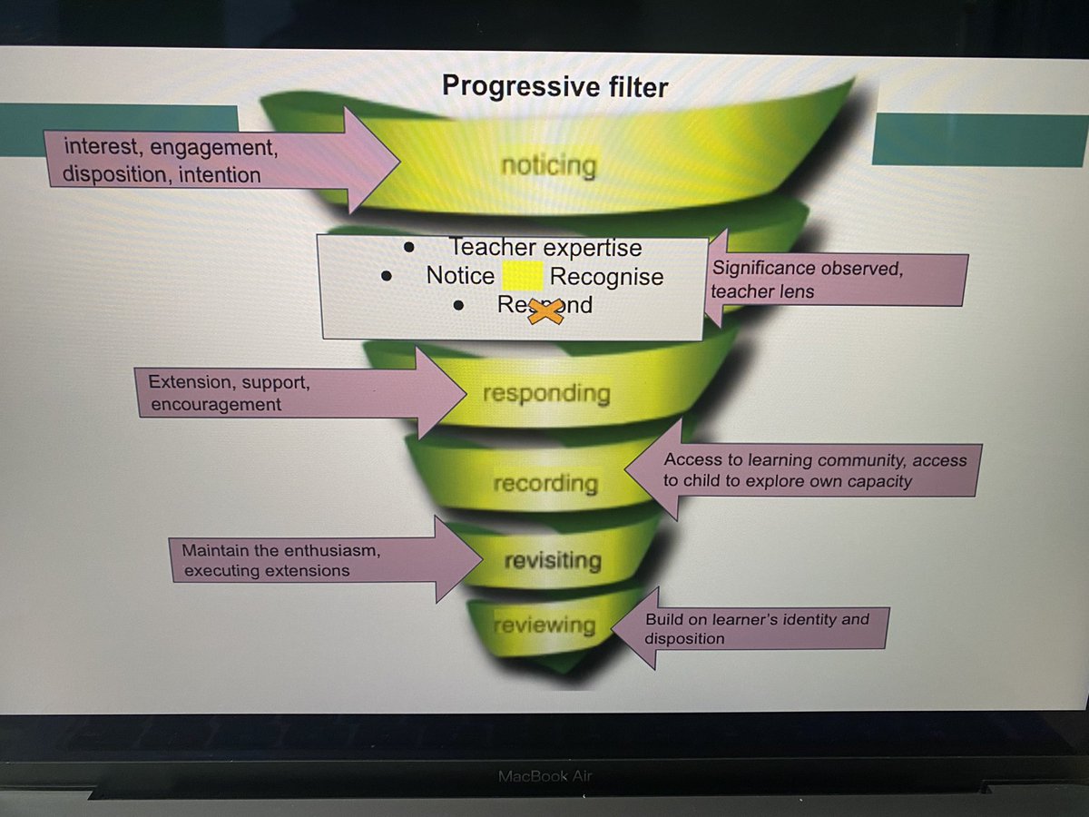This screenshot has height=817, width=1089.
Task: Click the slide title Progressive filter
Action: [x=554, y=86]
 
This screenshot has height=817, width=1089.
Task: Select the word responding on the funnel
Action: [x=545, y=394]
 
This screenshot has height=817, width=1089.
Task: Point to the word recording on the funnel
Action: [x=544, y=483]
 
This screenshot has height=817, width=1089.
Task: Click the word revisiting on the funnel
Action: [x=552, y=560]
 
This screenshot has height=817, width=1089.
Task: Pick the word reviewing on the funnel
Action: [x=544, y=625]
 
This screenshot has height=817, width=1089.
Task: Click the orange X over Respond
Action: [x=544, y=310]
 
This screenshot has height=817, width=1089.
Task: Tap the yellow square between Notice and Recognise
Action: [x=522, y=276]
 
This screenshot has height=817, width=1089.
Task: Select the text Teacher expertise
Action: [x=544, y=248]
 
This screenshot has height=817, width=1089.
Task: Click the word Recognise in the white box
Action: [x=606, y=277]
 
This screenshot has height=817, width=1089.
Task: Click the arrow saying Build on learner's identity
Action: [x=753, y=628]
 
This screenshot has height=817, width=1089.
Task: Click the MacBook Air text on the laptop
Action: [x=545, y=776]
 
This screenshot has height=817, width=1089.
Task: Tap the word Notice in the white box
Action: [x=460, y=277]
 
